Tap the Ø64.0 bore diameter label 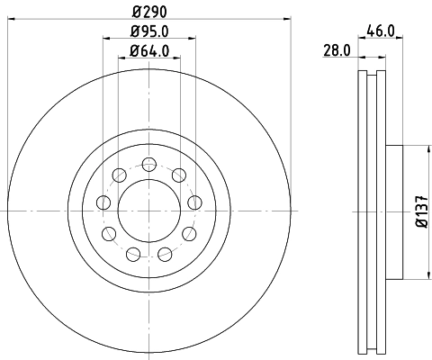[x=149, y=50]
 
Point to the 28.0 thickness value [x=336, y=51]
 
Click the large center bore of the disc [x=148, y=211]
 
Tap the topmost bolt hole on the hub [x=149, y=164]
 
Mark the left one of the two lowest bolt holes [x=132, y=254]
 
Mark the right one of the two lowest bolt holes [x=166, y=254]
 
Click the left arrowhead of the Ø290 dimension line [x=10, y=15]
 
